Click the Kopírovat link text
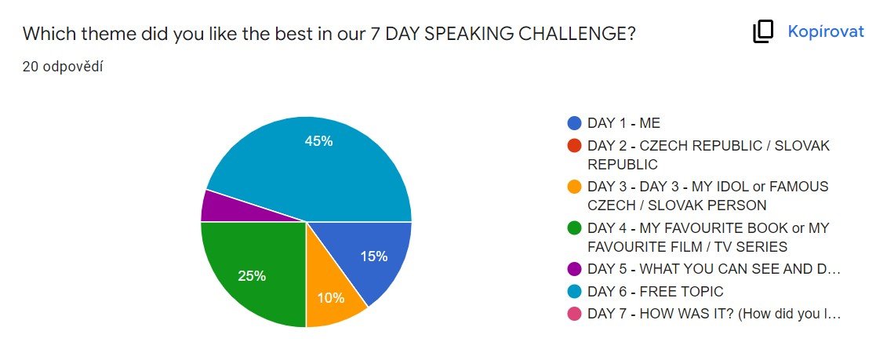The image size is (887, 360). (x=826, y=31)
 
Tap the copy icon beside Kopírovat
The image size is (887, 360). (x=762, y=32)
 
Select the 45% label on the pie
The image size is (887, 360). (x=318, y=141)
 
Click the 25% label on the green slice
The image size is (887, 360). (x=252, y=276)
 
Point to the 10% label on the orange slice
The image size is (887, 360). (x=330, y=298)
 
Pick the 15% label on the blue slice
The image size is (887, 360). (x=374, y=256)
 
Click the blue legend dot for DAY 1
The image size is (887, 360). (x=574, y=123)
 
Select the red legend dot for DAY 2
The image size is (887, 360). (x=574, y=145)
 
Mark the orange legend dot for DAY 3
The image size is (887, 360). (x=574, y=186)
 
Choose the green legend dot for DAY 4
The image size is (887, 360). (x=574, y=228)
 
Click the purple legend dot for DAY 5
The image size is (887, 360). (x=574, y=269)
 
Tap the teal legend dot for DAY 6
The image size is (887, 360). (x=574, y=292)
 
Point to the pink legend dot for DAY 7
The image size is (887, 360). (x=574, y=315)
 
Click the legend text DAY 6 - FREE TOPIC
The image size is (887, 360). (x=655, y=292)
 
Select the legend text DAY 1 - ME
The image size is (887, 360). (x=624, y=123)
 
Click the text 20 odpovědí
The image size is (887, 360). (x=63, y=67)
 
